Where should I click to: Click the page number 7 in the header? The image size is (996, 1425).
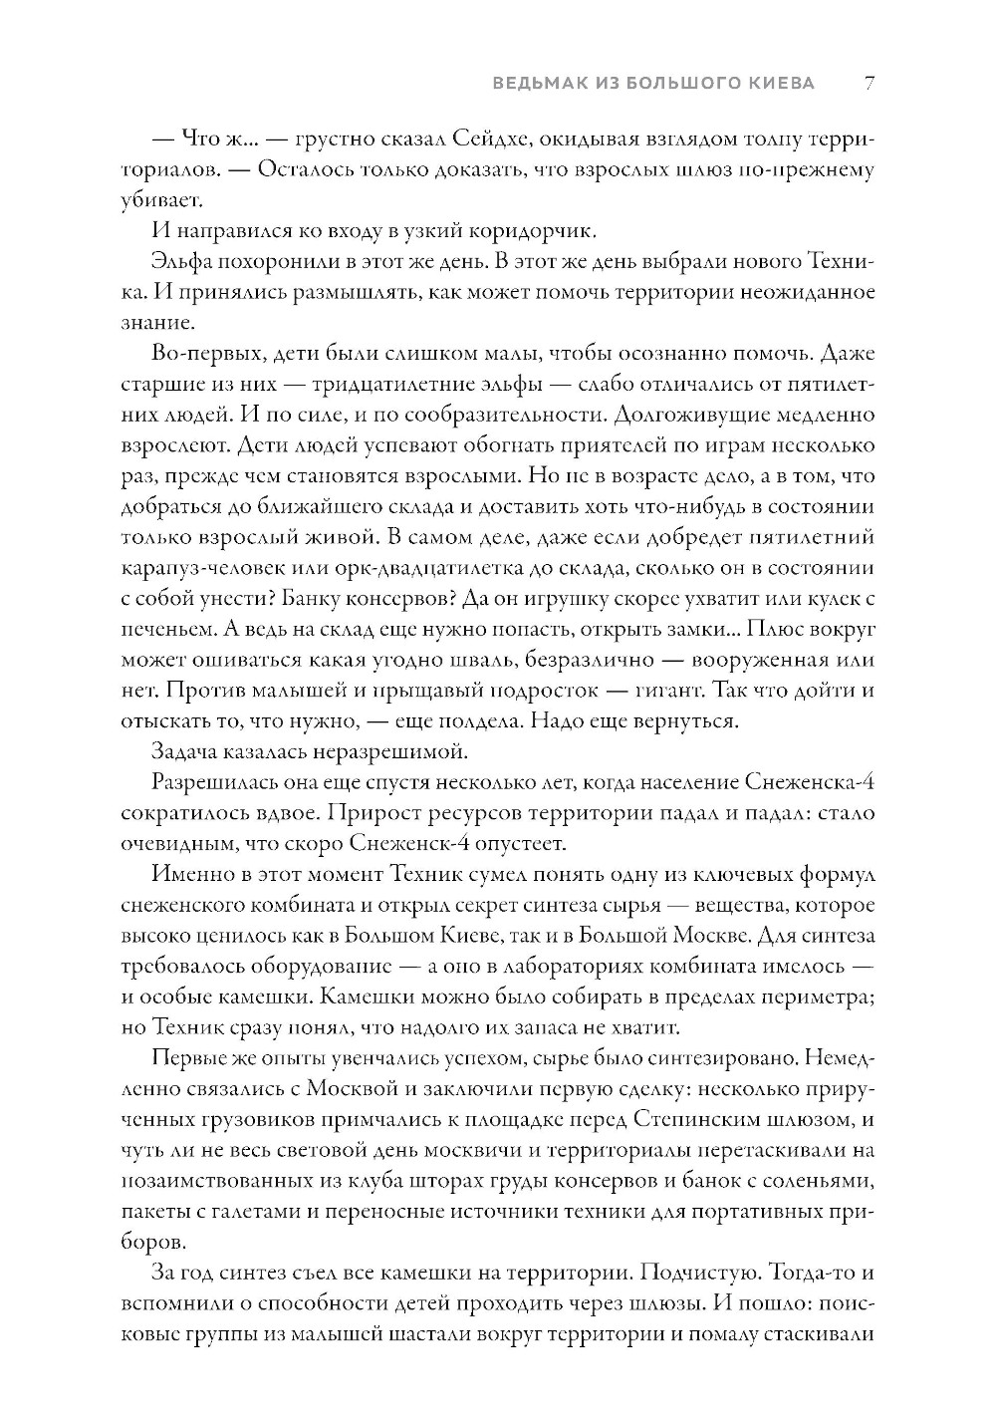click(x=869, y=84)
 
